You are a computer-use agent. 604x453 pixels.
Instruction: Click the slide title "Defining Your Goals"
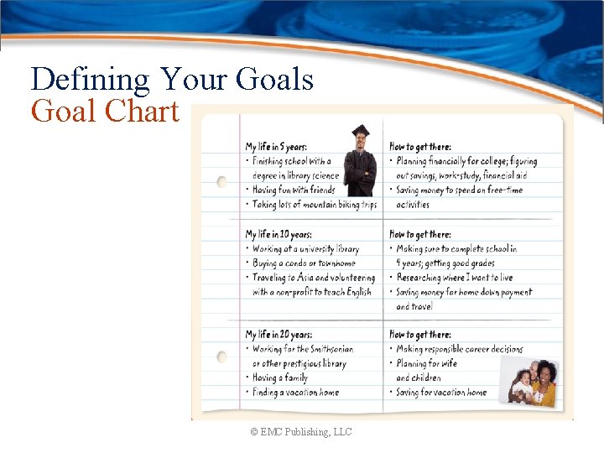pyautogui.click(x=172, y=80)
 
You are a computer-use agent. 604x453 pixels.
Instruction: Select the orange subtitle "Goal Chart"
pyautogui.click(x=105, y=111)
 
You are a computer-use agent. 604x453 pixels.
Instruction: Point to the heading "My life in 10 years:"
pyautogui.click(x=279, y=234)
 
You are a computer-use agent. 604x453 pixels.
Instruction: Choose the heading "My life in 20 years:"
pyautogui.click(x=279, y=335)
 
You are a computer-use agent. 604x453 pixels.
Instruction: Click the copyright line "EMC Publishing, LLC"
pyautogui.click(x=300, y=431)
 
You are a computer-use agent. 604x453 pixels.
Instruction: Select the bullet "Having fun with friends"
pyautogui.click(x=294, y=190)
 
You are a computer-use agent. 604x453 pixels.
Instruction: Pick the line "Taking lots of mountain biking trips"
pyautogui.click(x=315, y=204)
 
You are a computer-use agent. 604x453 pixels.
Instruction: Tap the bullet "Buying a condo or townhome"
pyautogui.click(x=304, y=263)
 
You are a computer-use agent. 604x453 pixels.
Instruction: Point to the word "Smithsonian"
pyautogui.click(x=324, y=349)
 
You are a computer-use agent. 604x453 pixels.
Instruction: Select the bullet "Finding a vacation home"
pyautogui.click(x=295, y=392)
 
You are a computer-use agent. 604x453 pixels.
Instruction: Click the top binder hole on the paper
pyautogui.click(x=221, y=181)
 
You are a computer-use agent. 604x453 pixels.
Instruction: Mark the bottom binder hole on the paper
pyautogui.click(x=221, y=357)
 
